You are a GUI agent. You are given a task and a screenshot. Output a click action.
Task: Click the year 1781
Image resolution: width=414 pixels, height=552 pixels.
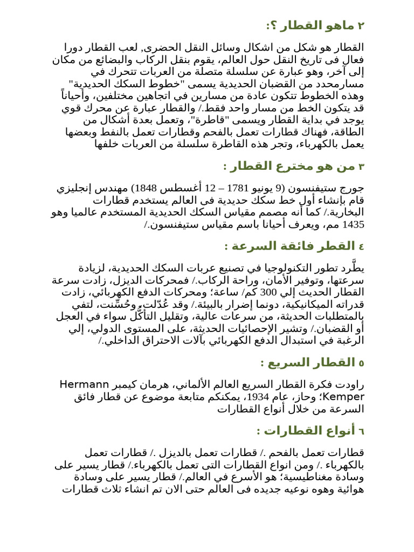tap(232, 189)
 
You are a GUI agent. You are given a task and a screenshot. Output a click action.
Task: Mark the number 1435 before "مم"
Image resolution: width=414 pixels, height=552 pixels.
tap(354, 224)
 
